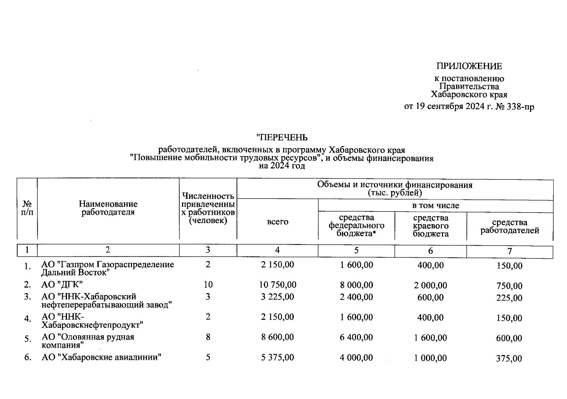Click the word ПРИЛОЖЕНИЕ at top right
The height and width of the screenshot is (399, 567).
click(469, 66)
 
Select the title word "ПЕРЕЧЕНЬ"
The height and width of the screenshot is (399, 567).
click(282, 137)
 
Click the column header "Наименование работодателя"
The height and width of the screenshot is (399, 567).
click(108, 208)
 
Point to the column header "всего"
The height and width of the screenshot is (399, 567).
click(278, 222)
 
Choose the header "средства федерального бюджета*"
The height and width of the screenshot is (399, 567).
click(356, 225)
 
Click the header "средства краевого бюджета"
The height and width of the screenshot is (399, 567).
click(431, 226)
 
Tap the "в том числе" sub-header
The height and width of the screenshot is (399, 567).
click(435, 205)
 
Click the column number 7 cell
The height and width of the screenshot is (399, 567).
click(510, 251)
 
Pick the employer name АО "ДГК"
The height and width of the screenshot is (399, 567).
click(62, 285)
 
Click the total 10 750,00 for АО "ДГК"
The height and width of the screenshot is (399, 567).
click(278, 285)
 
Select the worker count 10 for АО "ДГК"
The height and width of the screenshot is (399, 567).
click(208, 285)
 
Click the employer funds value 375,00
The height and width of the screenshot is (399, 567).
click(509, 358)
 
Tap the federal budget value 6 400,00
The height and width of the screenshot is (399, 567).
click(356, 337)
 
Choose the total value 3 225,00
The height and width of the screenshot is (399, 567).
click(278, 297)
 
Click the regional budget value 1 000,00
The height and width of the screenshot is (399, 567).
click(430, 358)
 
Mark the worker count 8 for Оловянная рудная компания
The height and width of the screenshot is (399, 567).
click(208, 337)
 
